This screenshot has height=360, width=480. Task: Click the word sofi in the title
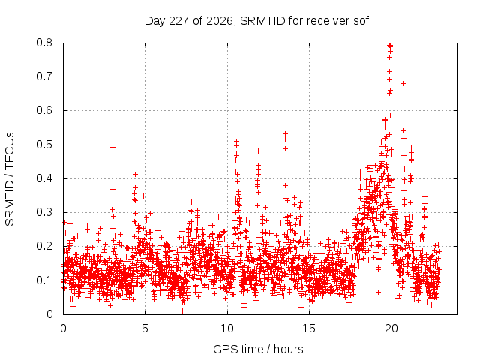[362, 21]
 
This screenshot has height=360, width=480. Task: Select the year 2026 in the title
[220, 21]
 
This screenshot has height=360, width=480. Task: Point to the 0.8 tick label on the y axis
[44, 43]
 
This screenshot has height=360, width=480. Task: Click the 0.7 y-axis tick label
[44, 76]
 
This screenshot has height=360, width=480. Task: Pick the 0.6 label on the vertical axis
[44, 110]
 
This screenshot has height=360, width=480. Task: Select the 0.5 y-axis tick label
[44, 145]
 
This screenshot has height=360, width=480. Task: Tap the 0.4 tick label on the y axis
[44, 178]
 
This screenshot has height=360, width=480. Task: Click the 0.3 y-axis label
[44, 212]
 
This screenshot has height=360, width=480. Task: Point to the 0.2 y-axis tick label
[44, 246]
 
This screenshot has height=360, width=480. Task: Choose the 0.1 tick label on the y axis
[44, 280]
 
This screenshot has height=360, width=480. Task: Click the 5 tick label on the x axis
[145, 328]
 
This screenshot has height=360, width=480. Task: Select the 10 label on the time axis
[227, 328]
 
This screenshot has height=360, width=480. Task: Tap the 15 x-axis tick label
[309, 328]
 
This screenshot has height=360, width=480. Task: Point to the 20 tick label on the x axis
[391, 328]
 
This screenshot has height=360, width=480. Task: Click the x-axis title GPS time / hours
[258, 349]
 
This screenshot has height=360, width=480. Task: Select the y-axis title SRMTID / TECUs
[10, 179]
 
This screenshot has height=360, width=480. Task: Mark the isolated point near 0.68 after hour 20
[403, 83]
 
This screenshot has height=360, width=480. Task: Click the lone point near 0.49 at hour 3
[112, 148]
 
